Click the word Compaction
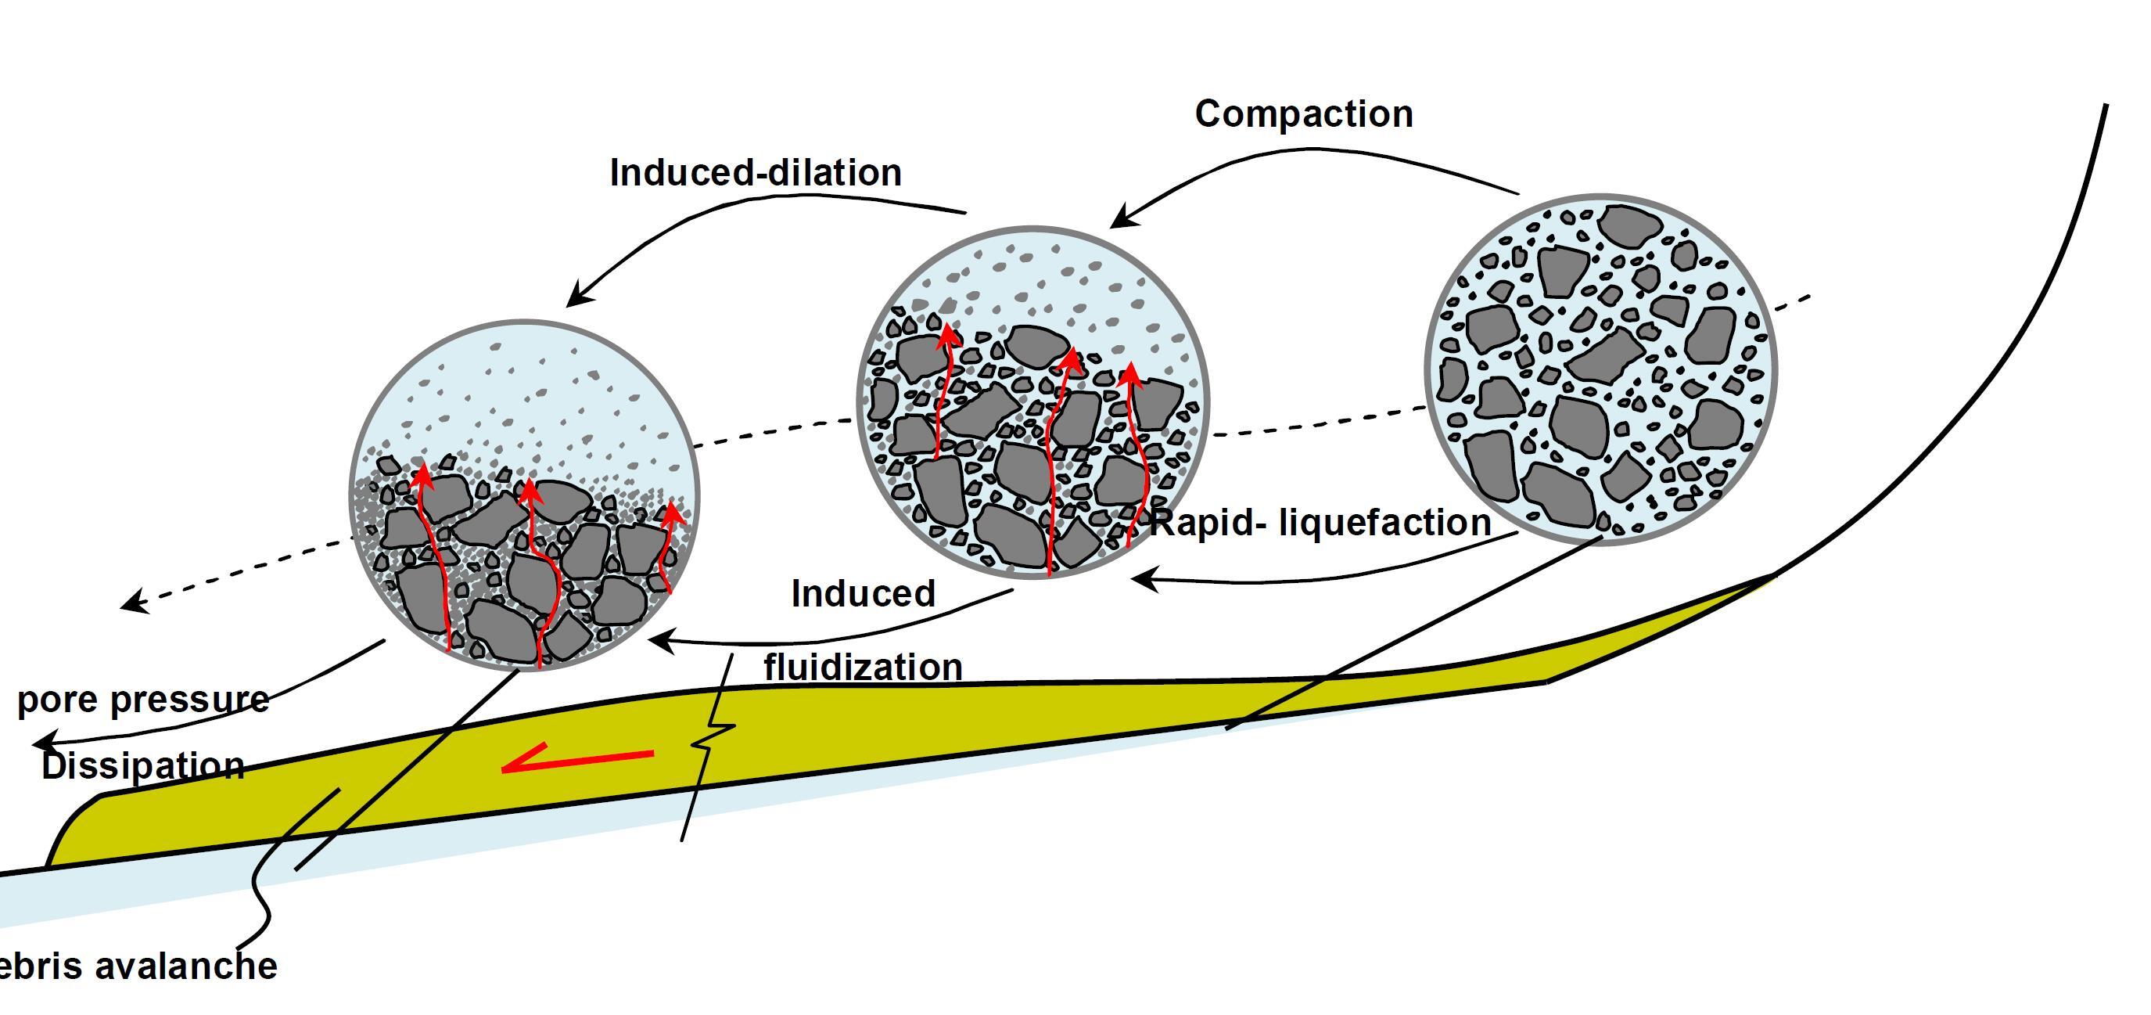pos(1303,114)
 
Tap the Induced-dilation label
pos(756,173)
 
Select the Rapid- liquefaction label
pos(1320,523)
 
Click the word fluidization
pos(863,667)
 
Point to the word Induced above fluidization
pos(863,594)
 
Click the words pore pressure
pos(143,699)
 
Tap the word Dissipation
pos(143,765)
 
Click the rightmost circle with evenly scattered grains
pos(1600,369)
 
